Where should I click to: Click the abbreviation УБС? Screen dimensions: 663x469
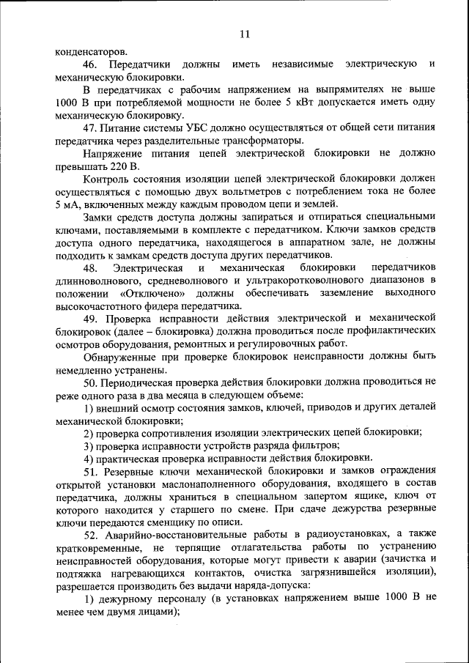pos(198,127)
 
